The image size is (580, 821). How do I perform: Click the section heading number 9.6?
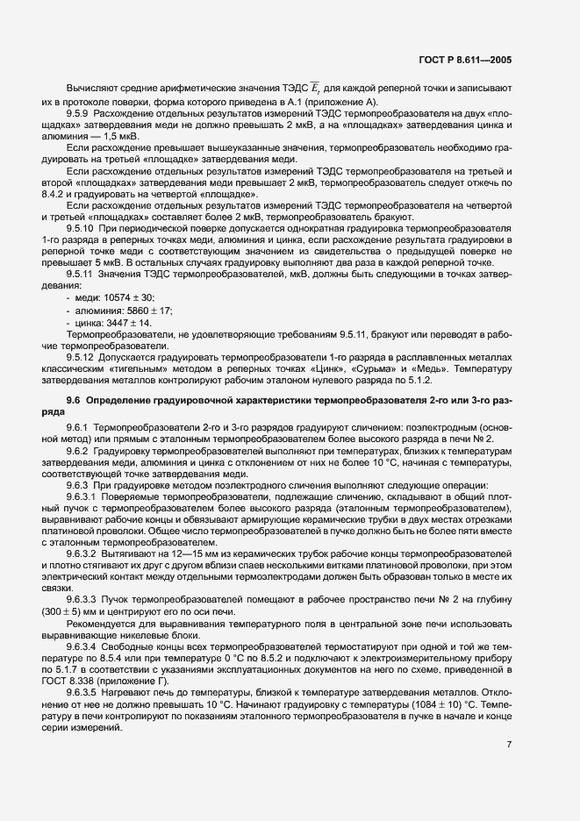tap(72, 400)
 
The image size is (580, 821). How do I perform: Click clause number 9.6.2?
tap(76, 449)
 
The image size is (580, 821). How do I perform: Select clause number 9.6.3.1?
tap(82, 496)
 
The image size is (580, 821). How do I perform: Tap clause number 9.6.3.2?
tap(82, 556)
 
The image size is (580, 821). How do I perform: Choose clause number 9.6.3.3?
tap(82, 597)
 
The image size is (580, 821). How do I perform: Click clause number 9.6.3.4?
tap(82, 645)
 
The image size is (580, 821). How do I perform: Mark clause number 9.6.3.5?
tap(82, 692)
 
